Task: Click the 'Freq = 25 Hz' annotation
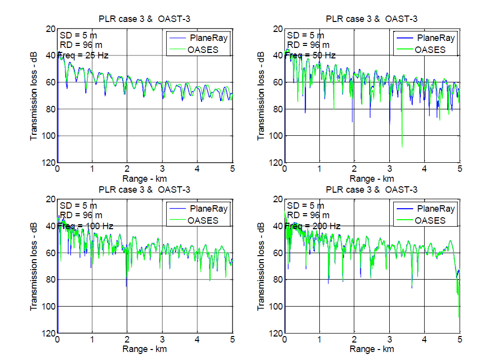(x=83, y=55)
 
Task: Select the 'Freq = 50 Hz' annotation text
(x=310, y=55)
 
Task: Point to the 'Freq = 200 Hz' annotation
(x=312, y=226)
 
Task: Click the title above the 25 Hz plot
(x=144, y=19)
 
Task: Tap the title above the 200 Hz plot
(x=372, y=190)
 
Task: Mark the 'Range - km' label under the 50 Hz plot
(x=372, y=179)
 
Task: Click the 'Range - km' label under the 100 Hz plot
(x=144, y=349)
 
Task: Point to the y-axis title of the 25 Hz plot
(x=33, y=95)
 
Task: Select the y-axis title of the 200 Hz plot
(x=261, y=266)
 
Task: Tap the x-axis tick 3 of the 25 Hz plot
(x=162, y=169)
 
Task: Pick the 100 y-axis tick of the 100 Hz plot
(x=48, y=306)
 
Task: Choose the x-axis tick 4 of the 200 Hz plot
(x=425, y=340)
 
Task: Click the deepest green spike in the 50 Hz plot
(x=402, y=146)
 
